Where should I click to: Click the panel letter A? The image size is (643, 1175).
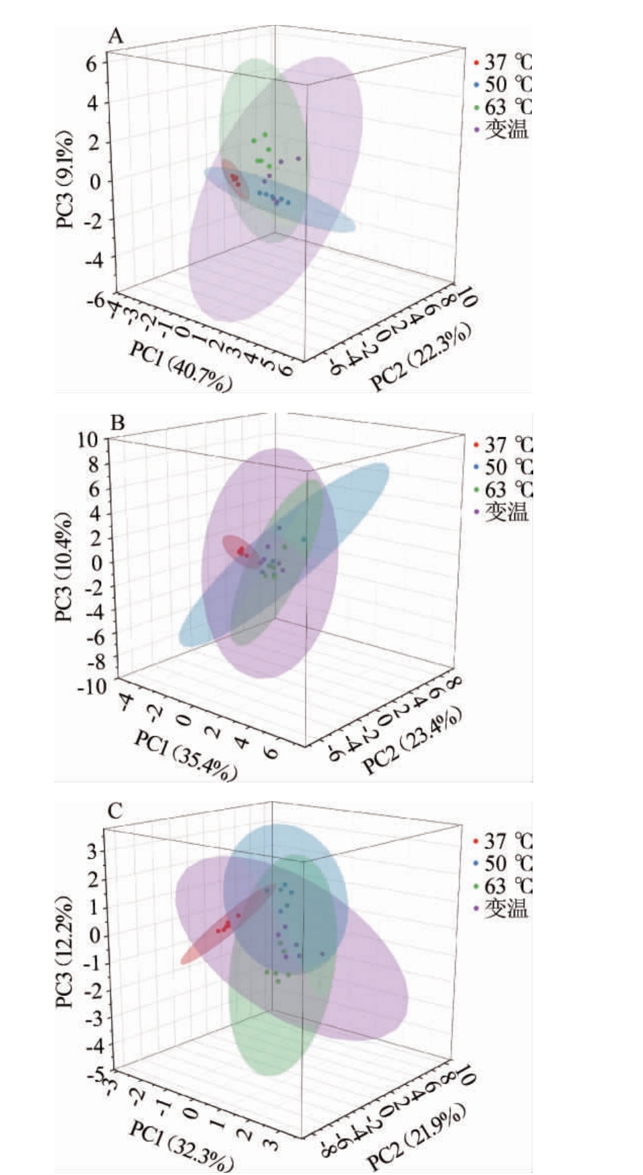(x=116, y=36)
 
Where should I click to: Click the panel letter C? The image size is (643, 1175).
(x=115, y=811)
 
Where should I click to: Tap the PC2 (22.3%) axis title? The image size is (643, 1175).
(x=421, y=357)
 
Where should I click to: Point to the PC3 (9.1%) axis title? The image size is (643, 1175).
(x=65, y=179)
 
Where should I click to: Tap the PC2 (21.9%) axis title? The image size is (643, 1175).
(x=416, y=1137)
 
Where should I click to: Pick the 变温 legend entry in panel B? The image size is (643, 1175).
(x=502, y=512)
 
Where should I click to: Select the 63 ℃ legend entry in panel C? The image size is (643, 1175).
(x=502, y=885)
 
